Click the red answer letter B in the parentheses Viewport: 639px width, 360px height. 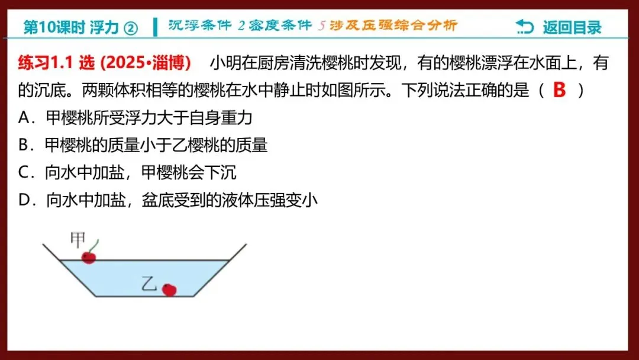pos(559,90)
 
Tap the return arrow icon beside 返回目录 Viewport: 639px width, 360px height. pos(524,27)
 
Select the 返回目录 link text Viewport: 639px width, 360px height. pos(572,27)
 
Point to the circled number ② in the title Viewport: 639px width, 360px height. pos(131,28)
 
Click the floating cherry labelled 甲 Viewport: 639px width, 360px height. pos(89,258)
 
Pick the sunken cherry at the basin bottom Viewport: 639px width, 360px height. pos(169,290)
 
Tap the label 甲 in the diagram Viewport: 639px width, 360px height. pos(78,240)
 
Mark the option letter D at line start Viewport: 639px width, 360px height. pos(25,201)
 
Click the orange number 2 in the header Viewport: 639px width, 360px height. pos(241,26)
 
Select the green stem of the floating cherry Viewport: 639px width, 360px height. pos(96,245)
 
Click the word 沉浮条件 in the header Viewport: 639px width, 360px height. pos(201,26)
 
